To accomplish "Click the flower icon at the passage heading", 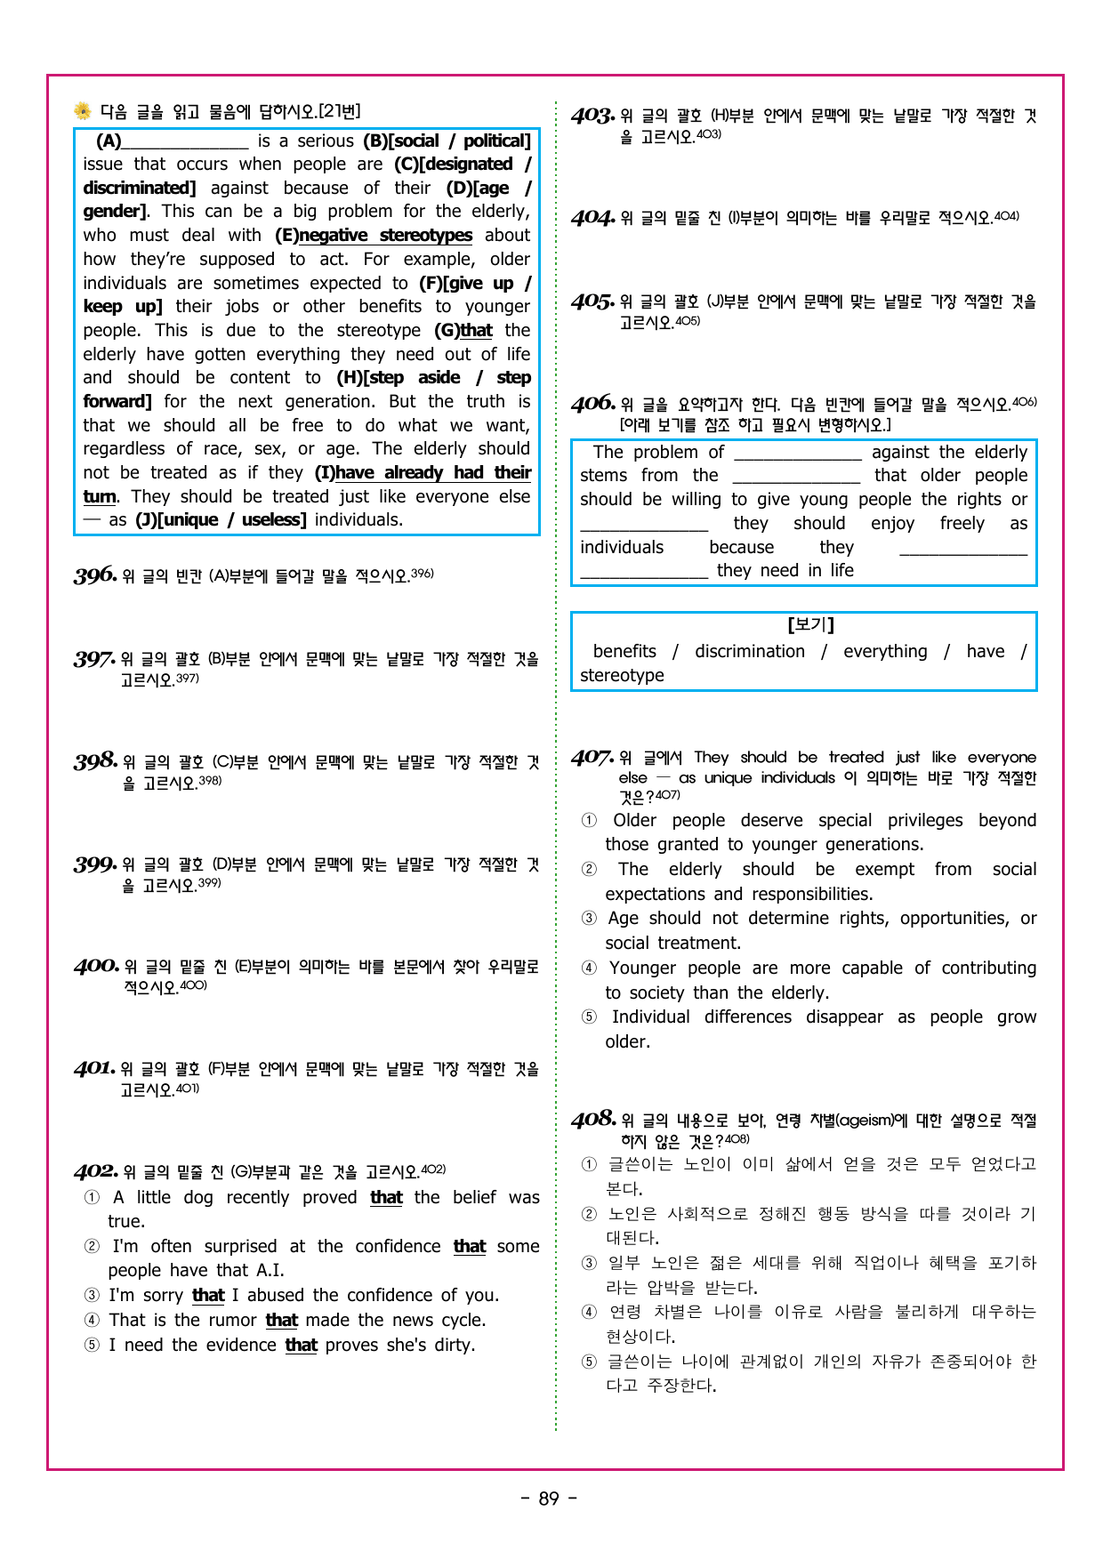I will point(83,111).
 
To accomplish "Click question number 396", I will point(95,575).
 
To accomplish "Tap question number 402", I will point(96,1171).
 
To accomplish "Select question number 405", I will point(593,302).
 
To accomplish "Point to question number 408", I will point(593,1119).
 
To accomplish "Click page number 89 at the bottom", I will point(549,1499).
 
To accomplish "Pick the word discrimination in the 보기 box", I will point(749,652).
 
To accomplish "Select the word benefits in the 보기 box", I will point(624,652).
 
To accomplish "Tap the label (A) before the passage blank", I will point(109,141).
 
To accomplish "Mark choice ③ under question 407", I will point(589,919).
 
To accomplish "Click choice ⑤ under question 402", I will point(93,1346).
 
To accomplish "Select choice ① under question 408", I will point(589,1164).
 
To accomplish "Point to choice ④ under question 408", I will point(589,1312).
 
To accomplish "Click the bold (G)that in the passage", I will point(463,331).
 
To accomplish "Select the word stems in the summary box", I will point(603,476).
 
